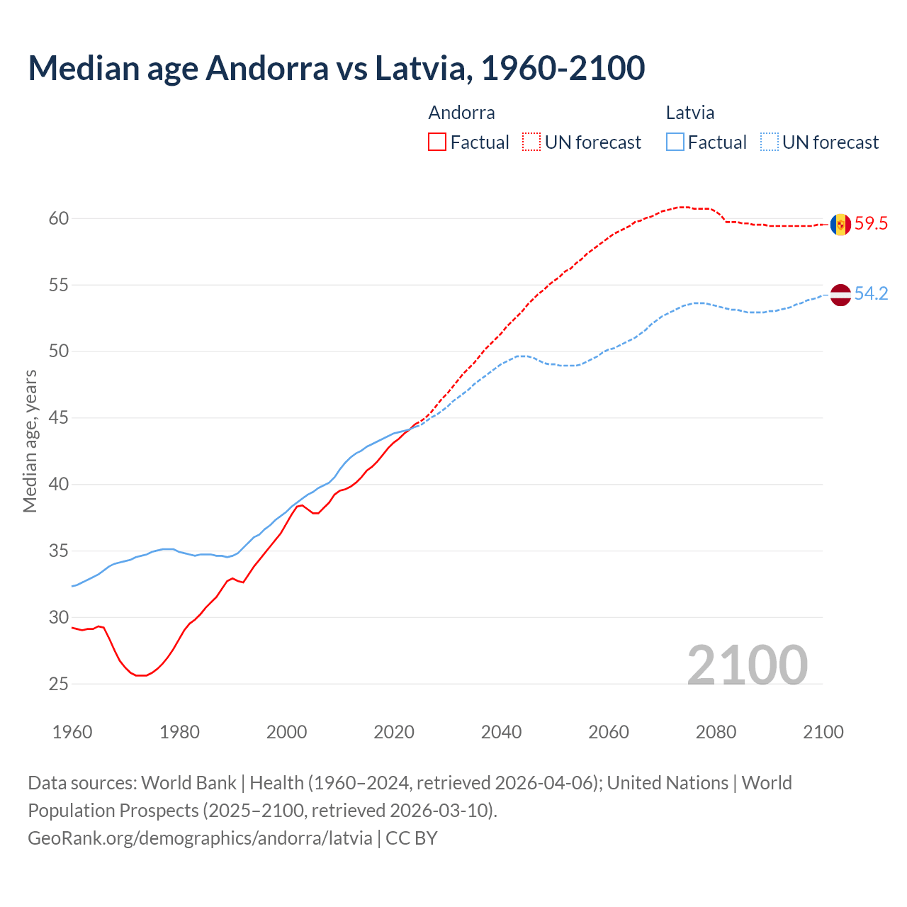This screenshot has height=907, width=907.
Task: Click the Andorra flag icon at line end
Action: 840,225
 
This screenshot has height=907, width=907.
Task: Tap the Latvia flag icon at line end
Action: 840,295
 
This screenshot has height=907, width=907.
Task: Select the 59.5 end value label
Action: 871,224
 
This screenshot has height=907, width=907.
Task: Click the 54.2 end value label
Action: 871,293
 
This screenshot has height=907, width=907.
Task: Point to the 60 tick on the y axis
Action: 59,218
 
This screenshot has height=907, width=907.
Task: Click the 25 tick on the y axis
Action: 59,684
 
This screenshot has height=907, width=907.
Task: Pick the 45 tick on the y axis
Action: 59,418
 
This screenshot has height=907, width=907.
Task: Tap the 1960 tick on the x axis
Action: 72,732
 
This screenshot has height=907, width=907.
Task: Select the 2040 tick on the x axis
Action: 501,732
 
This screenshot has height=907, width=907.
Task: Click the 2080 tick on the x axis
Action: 716,732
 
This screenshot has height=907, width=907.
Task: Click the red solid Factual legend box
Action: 437,142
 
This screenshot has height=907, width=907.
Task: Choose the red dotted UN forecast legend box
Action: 531,142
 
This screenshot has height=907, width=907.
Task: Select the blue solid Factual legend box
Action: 675,142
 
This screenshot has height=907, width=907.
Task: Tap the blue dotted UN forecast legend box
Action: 769,142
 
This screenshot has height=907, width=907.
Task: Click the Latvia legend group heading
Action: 690,113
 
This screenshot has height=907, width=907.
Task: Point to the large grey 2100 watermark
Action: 747,665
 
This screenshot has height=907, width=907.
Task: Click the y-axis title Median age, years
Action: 30,441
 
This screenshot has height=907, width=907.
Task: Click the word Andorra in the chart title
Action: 267,68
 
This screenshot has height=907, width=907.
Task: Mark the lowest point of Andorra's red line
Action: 141,675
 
